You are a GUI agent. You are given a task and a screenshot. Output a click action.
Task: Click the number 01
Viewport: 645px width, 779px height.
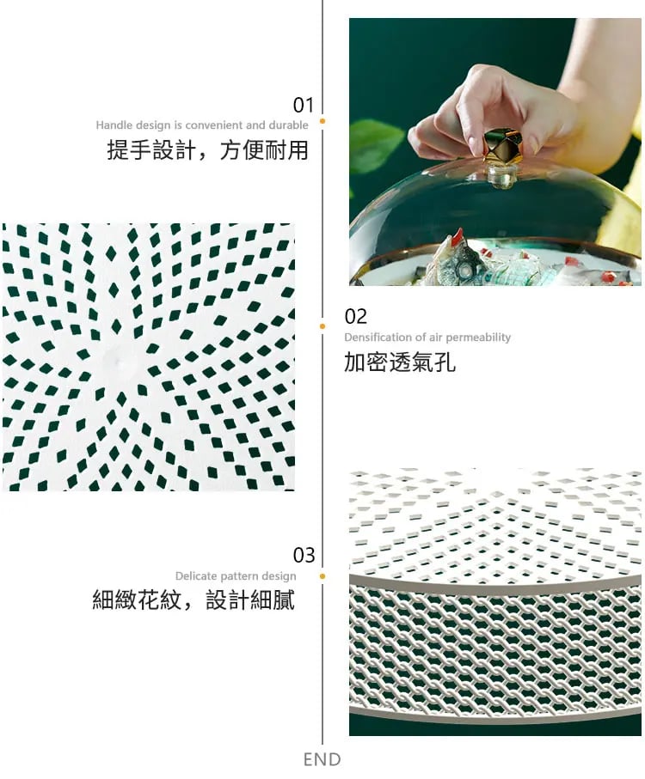click(303, 105)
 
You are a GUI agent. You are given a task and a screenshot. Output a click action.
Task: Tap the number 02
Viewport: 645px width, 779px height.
click(355, 316)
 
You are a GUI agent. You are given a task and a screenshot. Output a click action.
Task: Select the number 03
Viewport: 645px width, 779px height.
click(304, 555)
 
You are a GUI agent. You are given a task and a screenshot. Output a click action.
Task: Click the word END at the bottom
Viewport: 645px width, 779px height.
click(322, 759)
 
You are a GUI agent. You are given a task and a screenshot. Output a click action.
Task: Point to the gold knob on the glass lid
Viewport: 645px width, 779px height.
click(502, 145)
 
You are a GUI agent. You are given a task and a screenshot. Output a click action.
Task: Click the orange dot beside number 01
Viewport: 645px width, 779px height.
click(322, 121)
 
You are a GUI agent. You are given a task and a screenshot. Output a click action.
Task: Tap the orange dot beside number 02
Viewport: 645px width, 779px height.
click(322, 326)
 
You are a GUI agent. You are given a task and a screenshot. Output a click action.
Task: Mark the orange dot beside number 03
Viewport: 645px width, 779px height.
click(322, 576)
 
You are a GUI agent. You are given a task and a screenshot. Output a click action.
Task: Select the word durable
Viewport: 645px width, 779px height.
click(288, 125)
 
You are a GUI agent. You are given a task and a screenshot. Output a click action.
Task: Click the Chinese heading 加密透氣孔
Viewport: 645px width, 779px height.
click(399, 362)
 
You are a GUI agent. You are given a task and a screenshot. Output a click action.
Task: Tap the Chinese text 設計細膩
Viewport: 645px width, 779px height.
click(250, 599)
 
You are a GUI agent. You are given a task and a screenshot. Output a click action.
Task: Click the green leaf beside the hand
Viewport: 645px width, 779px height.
click(376, 143)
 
